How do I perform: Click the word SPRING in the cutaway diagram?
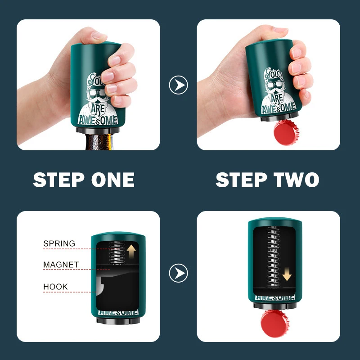(x=59, y=243)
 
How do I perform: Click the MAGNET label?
(x=61, y=265)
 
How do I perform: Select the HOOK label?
(x=55, y=286)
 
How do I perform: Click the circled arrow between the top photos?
(x=178, y=85)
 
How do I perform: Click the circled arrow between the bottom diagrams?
(x=178, y=273)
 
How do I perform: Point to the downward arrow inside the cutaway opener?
(x=288, y=272)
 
